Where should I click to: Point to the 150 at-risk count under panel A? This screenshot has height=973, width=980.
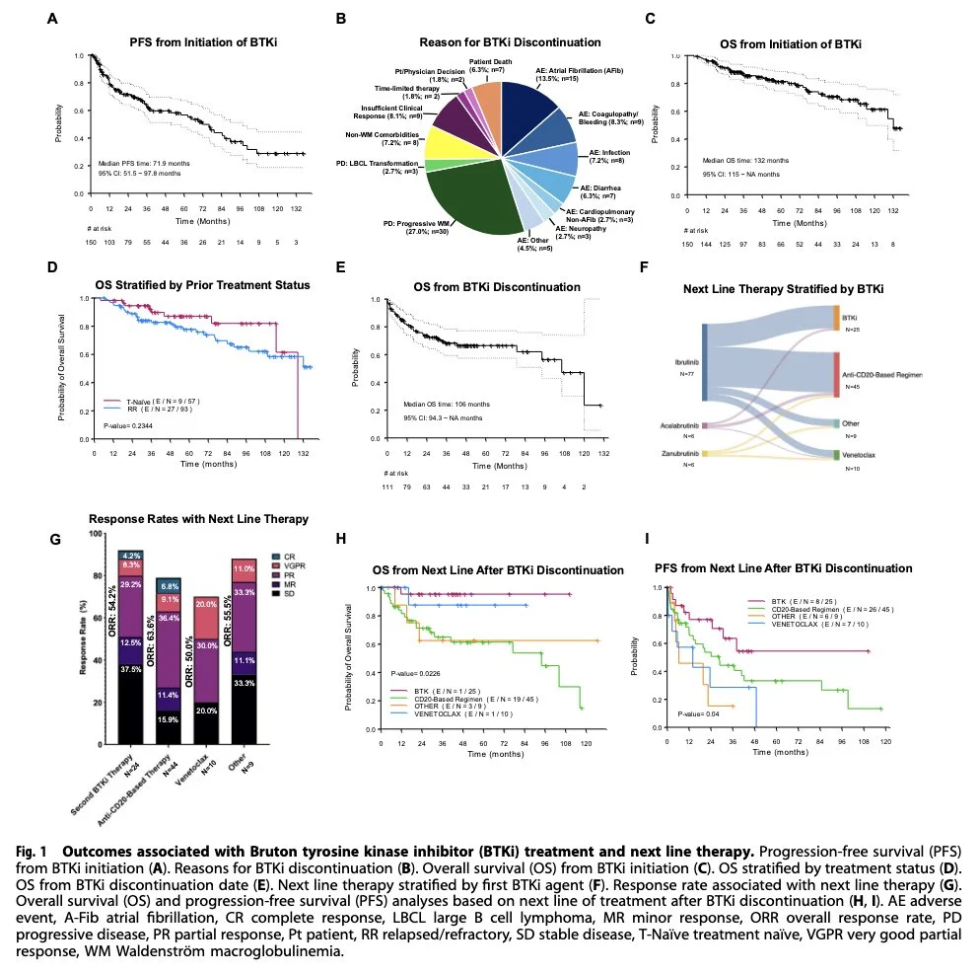(x=92, y=242)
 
